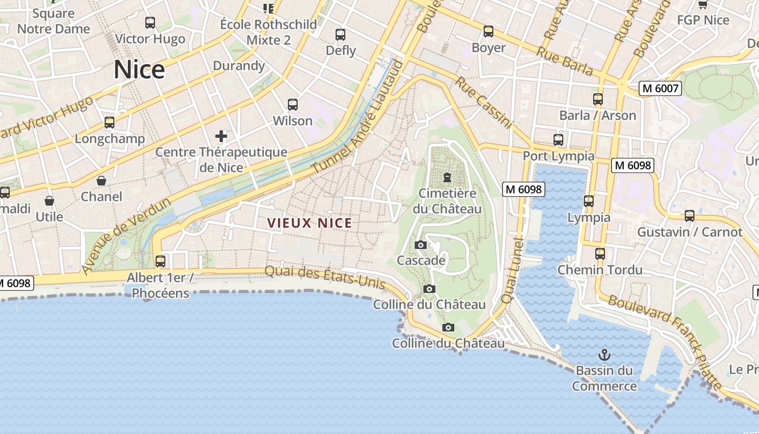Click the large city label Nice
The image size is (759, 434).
pyautogui.click(x=139, y=70)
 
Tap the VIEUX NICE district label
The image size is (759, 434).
pyautogui.click(x=310, y=223)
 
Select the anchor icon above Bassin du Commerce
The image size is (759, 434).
pyautogui.click(x=604, y=355)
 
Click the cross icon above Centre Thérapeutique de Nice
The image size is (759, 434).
pyautogui.click(x=221, y=136)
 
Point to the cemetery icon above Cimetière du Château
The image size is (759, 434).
pyautogui.click(x=447, y=177)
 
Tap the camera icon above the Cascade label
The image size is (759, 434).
pyautogui.click(x=420, y=245)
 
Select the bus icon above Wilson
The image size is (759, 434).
pyautogui.click(x=293, y=105)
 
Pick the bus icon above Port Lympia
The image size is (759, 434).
pyautogui.click(x=558, y=140)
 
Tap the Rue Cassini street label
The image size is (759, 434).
pyautogui.click(x=483, y=103)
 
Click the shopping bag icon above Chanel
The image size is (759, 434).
pyautogui.click(x=101, y=181)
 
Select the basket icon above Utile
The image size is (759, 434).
pyautogui.click(x=49, y=201)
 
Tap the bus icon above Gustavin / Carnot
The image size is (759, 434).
pyautogui.click(x=690, y=216)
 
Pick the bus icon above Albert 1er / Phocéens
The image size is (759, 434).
pyautogui.click(x=160, y=261)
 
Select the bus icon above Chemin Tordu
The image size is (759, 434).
pyautogui.click(x=600, y=254)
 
